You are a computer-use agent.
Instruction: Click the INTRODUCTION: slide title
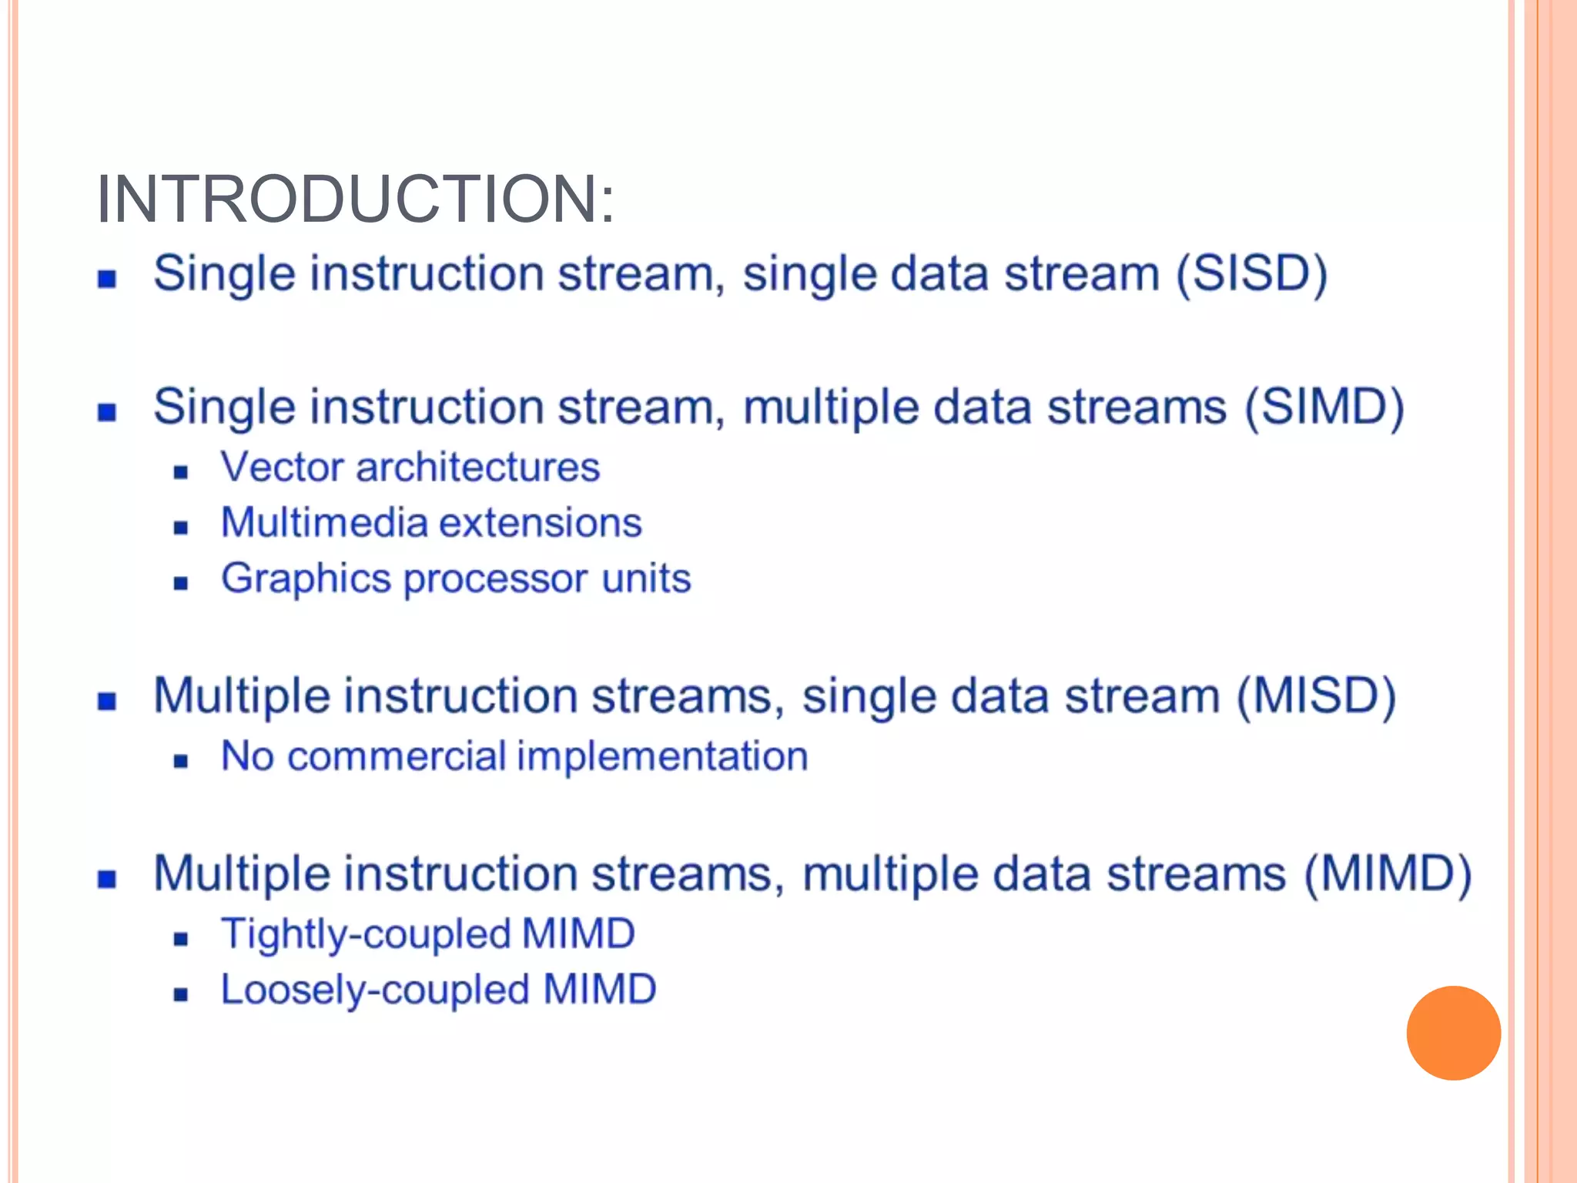point(355,199)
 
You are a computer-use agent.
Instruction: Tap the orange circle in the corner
point(1453,1033)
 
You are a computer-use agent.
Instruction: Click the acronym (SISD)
point(1251,274)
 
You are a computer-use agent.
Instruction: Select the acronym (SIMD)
point(1324,407)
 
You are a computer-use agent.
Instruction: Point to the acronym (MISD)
point(1316,696)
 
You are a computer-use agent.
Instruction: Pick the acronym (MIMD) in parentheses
point(1388,875)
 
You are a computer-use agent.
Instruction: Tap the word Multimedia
point(324,523)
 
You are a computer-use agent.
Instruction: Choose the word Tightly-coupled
point(366,935)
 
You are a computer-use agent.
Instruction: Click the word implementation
point(662,756)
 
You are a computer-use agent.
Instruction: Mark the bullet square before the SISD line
point(107,279)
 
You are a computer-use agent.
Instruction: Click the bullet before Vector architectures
point(181,472)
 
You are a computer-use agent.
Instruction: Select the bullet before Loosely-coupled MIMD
point(181,994)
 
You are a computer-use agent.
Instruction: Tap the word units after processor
point(646,578)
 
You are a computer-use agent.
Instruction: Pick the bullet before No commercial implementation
point(181,762)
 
